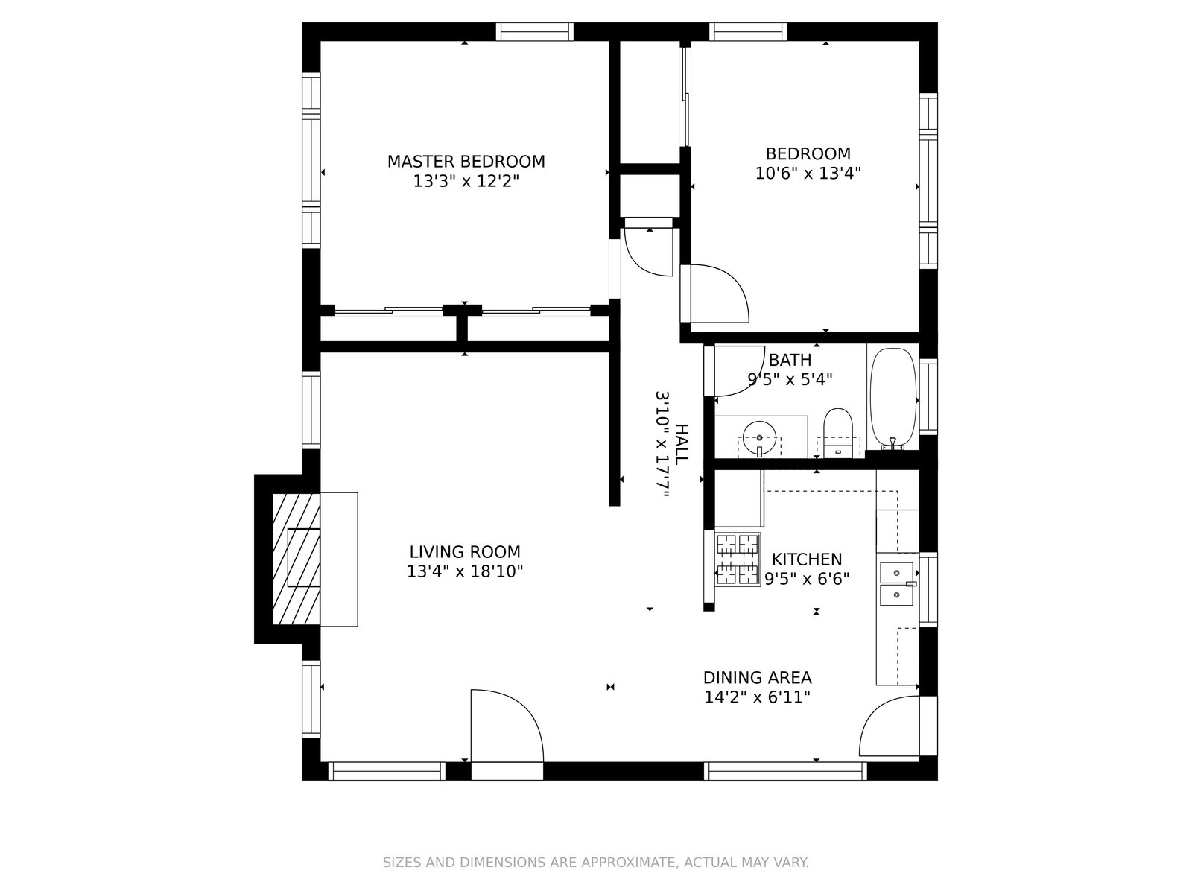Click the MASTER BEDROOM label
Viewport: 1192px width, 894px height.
pyautogui.click(x=466, y=162)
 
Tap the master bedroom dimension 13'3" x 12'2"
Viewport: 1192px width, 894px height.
pyautogui.click(x=466, y=181)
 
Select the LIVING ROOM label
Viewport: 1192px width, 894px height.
pyautogui.click(x=465, y=552)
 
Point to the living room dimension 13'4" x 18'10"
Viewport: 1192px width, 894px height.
pyautogui.click(x=465, y=571)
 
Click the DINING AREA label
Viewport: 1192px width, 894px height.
pyautogui.click(x=757, y=678)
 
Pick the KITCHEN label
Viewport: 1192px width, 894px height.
pyautogui.click(x=807, y=559)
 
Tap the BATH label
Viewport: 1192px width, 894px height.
pyautogui.click(x=790, y=361)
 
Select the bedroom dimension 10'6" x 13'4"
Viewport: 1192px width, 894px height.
pyautogui.click(x=808, y=174)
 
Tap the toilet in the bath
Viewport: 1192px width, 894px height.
pyautogui.click(x=839, y=432)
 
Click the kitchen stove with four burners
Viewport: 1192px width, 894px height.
pyautogui.click(x=738, y=559)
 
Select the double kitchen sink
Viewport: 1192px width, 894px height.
pyautogui.click(x=896, y=583)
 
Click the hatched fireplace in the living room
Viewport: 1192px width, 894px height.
pyautogui.click(x=296, y=559)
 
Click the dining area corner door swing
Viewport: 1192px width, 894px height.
pyautogui.click(x=889, y=728)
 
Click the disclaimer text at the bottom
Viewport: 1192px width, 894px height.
pyautogui.click(x=595, y=863)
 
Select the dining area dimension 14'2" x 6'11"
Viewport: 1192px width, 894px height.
pyautogui.click(x=757, y=697)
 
